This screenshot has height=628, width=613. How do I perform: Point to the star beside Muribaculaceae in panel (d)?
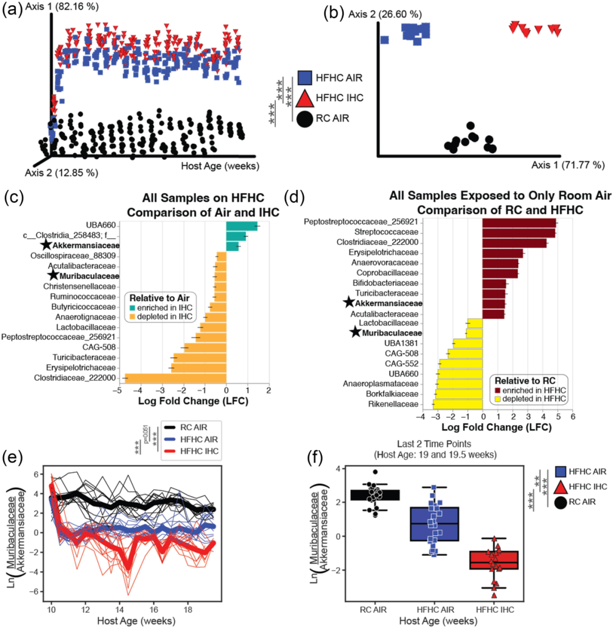[355, 332]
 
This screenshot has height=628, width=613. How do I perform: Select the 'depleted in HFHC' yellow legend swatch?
[497, 400]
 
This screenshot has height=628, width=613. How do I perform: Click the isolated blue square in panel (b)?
[384, 40]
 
